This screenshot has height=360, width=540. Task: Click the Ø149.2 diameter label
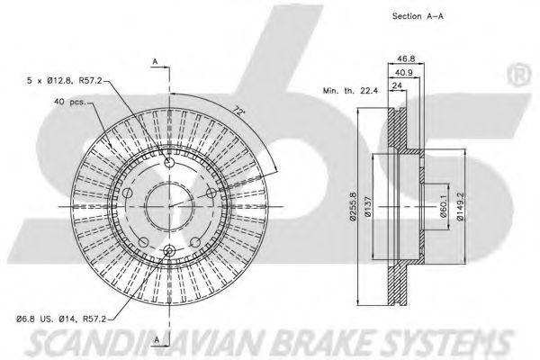462,207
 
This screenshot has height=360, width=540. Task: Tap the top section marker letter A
155,61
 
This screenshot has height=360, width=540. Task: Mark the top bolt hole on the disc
169,162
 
